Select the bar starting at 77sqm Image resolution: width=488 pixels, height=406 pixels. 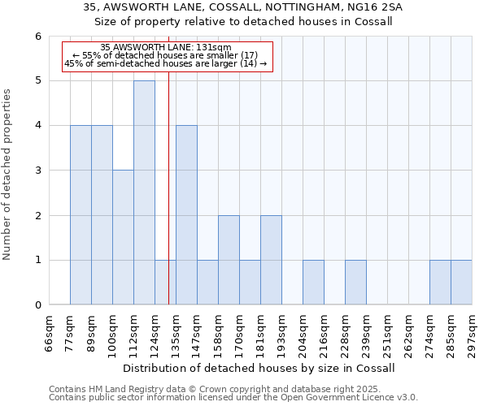click(81, 215)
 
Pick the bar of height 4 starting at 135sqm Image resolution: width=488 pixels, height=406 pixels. click(186, 215)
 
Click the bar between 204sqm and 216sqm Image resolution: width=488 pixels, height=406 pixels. click(313, 283)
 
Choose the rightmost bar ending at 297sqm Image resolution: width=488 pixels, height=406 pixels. click(461, 283)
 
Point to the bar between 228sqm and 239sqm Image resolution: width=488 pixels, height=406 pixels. click(355, 283)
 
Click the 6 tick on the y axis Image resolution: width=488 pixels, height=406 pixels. click(38, 37)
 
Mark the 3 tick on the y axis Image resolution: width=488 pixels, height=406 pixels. click(38, 171)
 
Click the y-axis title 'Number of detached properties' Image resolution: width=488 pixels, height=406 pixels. click(7, 175)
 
